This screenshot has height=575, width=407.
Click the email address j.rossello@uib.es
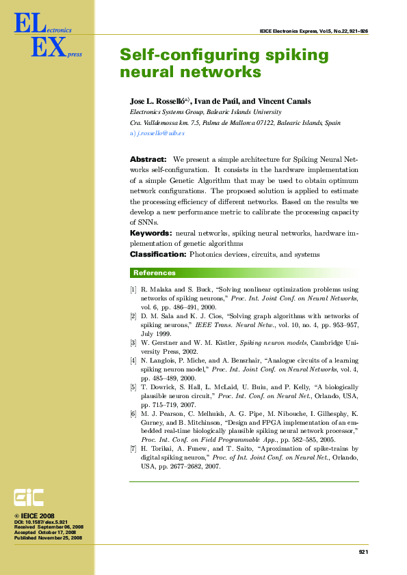[157, 133]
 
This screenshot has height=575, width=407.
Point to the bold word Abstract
[148, 159]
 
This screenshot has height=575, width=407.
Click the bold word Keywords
[150, 233]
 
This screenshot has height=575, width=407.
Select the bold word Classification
[158, 254]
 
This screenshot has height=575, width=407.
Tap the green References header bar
[244, 272]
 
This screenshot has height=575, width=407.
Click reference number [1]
[133, 290]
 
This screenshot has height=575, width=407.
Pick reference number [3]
[133, 341]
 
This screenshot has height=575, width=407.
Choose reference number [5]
[133, 387]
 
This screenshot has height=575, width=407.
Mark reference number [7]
[133, 449]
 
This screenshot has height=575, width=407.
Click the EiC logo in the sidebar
[29, 498]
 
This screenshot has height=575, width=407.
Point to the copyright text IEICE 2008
[37, 516]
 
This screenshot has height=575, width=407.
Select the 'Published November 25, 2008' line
[48, 537]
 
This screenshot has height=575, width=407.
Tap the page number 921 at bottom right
[363, 551]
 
